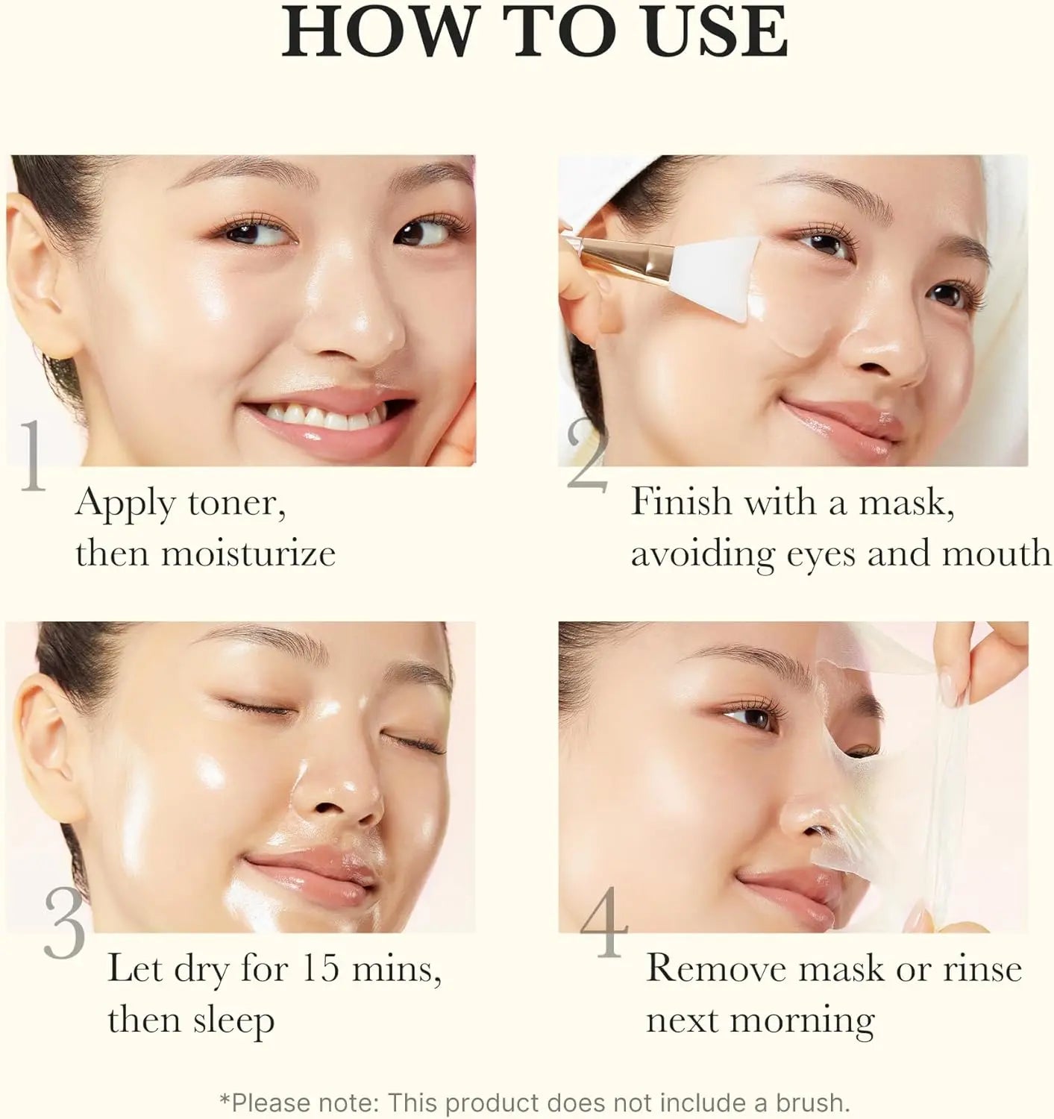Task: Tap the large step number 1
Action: [x=31, y=457]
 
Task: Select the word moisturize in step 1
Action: [x=248, y=553]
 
